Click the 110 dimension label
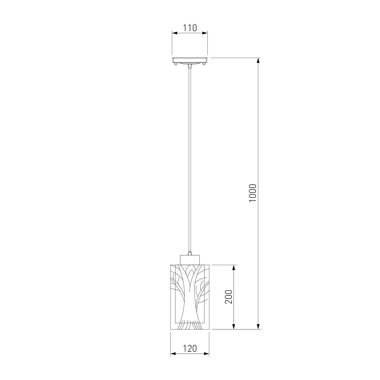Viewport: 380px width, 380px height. (190, 28)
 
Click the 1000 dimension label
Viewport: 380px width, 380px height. (253, 193)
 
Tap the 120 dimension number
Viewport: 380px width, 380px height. (190, 349)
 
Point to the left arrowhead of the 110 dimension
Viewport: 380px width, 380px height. (175, 33)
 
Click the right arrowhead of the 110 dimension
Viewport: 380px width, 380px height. (205, 33)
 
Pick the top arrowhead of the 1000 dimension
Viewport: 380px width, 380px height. (258, 60)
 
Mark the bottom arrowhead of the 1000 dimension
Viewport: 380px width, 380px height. (258, 326)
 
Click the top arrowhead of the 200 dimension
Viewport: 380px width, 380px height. (234, 268)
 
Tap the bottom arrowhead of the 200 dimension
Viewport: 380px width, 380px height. (234, 326)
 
